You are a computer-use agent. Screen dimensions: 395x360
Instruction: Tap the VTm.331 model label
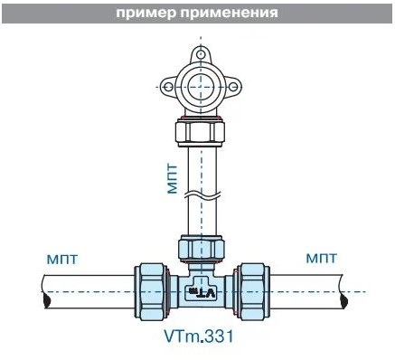tap(199, 336)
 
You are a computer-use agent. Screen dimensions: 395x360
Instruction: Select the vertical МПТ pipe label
tap(173, 178)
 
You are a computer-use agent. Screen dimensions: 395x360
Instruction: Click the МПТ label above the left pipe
tap(62, 260)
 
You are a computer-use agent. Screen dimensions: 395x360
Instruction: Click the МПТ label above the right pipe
tap(322, 259)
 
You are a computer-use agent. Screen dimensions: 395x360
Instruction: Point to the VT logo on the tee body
tap(202, 292)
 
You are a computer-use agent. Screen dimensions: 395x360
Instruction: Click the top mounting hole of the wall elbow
tap(201, 54)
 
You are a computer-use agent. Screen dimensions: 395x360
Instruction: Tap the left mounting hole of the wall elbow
tap(169, 87)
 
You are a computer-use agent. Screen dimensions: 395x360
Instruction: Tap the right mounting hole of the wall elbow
tap(233, 87)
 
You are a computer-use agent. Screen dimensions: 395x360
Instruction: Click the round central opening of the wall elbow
tap(201, 87)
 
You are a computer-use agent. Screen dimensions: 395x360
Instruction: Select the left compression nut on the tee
tap(153, 291)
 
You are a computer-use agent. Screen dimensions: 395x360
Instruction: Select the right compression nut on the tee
tap(251, 291)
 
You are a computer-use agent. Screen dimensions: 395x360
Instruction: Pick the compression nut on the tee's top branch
tap(201, 248)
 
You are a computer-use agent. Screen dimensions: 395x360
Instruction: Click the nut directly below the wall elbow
tap(201, 132)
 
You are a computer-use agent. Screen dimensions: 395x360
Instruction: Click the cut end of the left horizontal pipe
tap(47, 292)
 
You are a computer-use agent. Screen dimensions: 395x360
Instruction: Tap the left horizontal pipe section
tap(89, 292)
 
